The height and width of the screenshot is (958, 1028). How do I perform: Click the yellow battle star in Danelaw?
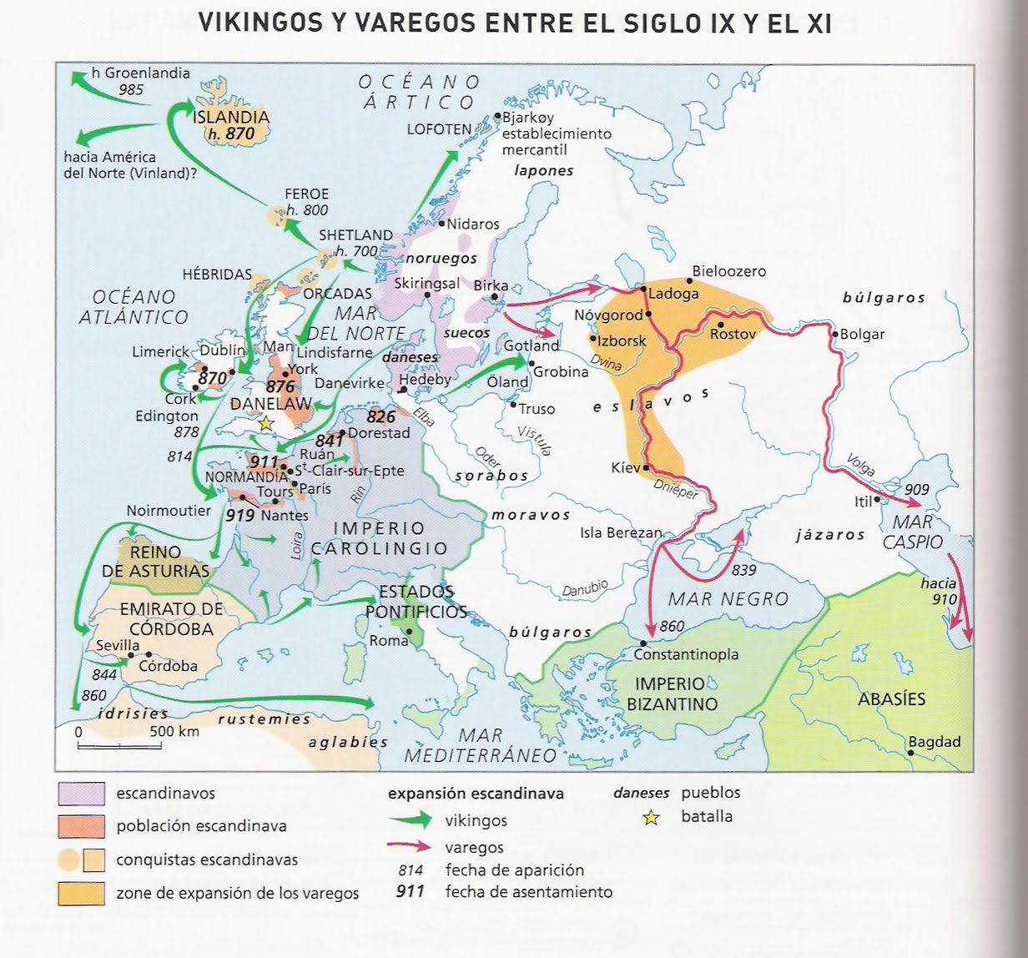pos(265,424)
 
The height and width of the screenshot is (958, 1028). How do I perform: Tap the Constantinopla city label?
pos(686,654)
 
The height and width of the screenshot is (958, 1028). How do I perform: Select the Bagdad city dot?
pos(910,753)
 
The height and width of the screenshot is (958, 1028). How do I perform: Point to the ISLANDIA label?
pos(231,117)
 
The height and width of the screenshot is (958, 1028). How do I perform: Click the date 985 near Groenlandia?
pos(131,89)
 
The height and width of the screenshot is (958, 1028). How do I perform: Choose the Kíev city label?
pos(625,467)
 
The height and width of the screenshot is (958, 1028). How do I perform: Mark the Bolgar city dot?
pos(834,334)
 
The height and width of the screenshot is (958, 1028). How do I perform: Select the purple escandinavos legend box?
pos(81,794)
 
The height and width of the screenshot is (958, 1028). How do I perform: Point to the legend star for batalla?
pos(651,818)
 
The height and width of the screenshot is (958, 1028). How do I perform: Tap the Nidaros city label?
pos(472,224)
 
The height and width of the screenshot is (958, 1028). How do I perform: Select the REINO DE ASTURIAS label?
pos(155,562)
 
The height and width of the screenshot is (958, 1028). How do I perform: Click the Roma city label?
pos(389,640)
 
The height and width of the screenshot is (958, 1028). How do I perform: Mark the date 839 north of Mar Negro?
pos(743,569)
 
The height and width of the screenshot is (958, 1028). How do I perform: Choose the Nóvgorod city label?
pos(608,315)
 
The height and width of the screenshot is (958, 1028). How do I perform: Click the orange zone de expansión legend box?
pos(81,893)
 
